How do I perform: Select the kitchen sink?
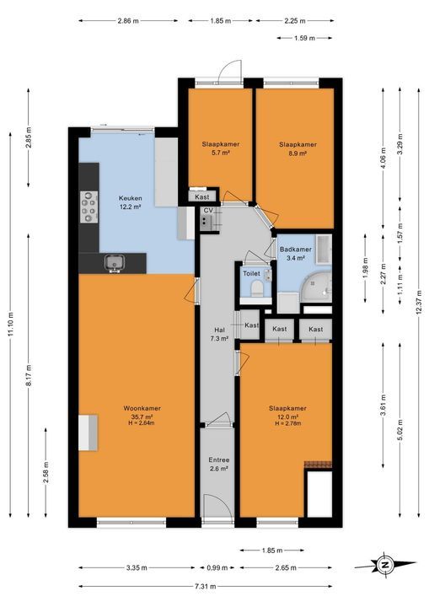pyautogui.click(x=115, y=264)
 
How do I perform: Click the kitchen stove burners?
pyautogui.click(x=88, y=204)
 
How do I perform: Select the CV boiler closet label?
pyautogui.click(x=206, y=212)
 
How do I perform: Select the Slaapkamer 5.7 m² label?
pyautogui.click(x=219, y=148)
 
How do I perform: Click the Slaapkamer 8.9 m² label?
pyautogui.click(x=298, y=148)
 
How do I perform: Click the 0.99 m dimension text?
pyautogui.click(x=217, y=568)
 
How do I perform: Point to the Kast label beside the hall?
pyautogui.click(x=251, y=325)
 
